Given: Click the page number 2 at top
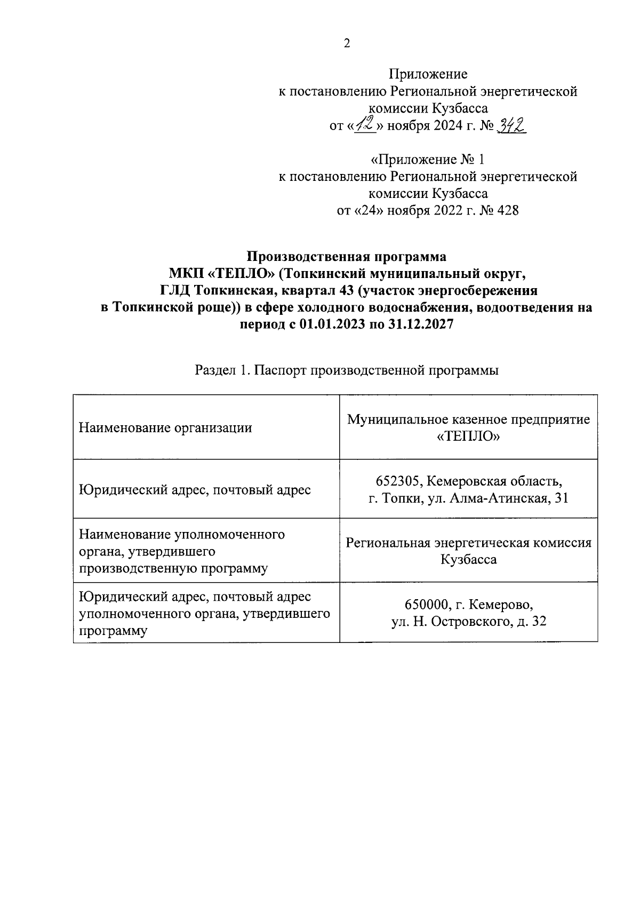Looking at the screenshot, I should tap(347, 44).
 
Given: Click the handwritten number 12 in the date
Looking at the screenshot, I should tap(366, 125).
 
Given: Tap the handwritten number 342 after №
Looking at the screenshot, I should tap(511, 125).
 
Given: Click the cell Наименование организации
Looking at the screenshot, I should tap(165, 427).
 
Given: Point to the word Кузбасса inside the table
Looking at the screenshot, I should tap(468, 559).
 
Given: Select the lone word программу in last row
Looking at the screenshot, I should tap(113, 631).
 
